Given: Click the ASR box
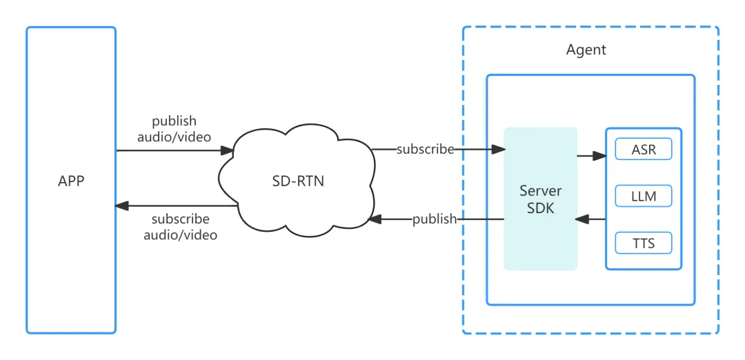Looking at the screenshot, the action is coord(644,150).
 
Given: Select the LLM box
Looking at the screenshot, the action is coord(644,196).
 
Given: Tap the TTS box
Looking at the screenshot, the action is coord(644,243).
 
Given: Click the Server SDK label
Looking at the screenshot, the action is coord(541,199).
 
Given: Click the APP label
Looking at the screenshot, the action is coord(71,181).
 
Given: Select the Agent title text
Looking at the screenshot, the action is coord(586,50).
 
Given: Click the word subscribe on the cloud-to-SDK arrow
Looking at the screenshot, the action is coord(426,150).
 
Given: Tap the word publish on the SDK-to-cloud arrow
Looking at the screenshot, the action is coord(435,219).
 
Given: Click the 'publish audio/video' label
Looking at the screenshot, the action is coord(175,129).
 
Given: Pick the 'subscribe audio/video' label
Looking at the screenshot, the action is coord(180,227).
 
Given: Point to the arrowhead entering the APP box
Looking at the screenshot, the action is coord(122,206).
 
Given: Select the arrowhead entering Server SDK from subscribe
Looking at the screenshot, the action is coord(498,150).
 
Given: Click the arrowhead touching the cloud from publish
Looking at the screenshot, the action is coord(375,219).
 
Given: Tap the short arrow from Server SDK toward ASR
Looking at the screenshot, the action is coord(592,156).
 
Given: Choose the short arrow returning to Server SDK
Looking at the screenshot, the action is coord(590,219).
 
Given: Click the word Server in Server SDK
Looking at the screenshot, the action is coord(541,192).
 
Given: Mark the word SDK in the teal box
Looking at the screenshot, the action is coord(541,208).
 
